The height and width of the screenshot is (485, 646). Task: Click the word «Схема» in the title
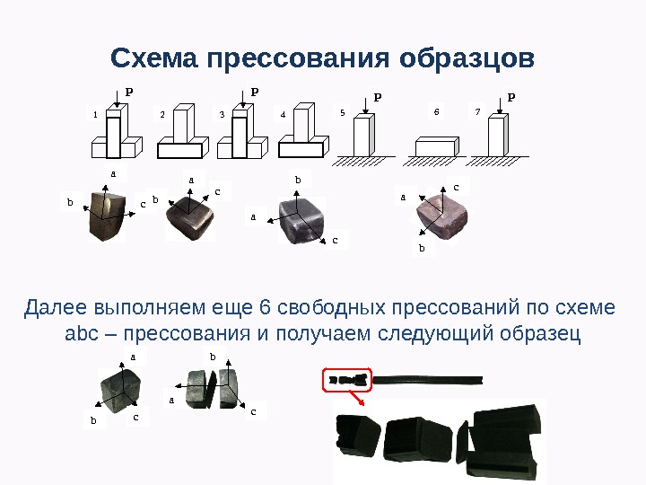(154, 57)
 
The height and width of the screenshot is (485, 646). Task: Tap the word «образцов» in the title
(467, 58)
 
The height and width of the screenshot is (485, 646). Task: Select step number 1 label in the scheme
(96, 115)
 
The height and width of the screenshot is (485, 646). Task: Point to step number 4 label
(283, 115)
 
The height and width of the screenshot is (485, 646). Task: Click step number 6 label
(437, 111)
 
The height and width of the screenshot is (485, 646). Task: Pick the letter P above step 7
(511, 97)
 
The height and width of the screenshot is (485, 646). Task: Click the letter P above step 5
(378, 97)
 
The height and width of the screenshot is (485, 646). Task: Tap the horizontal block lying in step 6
(437, 146)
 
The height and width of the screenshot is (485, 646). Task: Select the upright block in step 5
(363, 135)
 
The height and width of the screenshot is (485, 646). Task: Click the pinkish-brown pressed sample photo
(441, 217)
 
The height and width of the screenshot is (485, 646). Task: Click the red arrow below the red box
(356, 399)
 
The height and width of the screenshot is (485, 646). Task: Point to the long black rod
(427, 380)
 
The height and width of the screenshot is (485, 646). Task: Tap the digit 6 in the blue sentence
(265, 308)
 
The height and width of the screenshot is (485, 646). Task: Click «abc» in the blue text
(82, 333)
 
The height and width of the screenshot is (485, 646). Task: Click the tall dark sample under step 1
(107, 216)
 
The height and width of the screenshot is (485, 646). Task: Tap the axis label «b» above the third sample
(298, 180)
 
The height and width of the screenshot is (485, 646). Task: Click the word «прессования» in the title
(298, 59)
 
